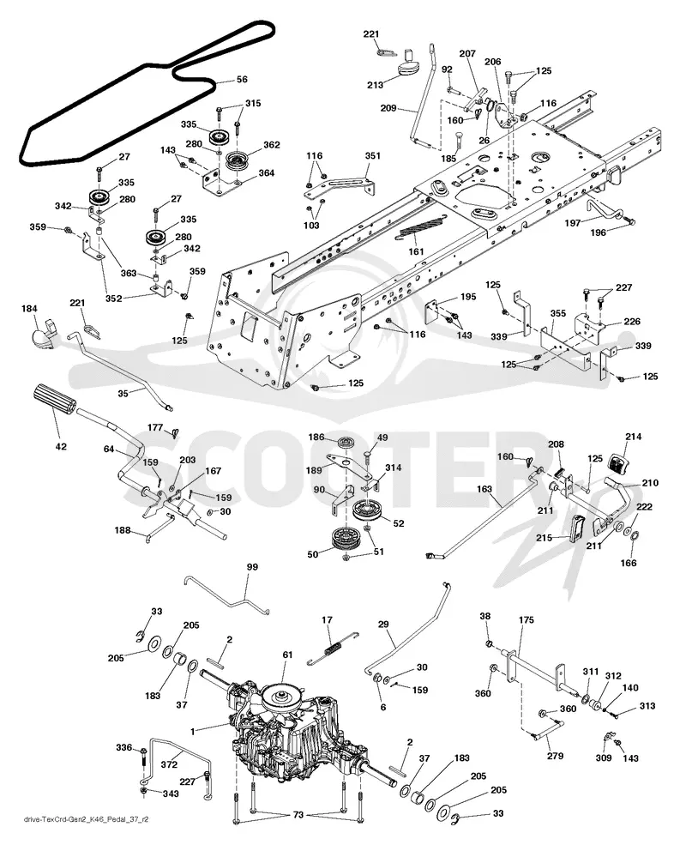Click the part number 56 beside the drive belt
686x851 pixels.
coord(242,79)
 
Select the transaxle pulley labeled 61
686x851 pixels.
coord(281,695)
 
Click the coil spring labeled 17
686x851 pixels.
coord(332,648)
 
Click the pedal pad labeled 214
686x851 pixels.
coord(617,462)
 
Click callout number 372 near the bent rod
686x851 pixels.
coord(170,764)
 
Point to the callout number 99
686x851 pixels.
coord(252,567)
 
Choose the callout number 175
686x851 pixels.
coord(526,619)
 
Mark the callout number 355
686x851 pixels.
coord(557,313)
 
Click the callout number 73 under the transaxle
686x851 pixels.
coord(298,816)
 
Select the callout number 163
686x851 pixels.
coord(484,489)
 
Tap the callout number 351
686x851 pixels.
coord(372,156)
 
